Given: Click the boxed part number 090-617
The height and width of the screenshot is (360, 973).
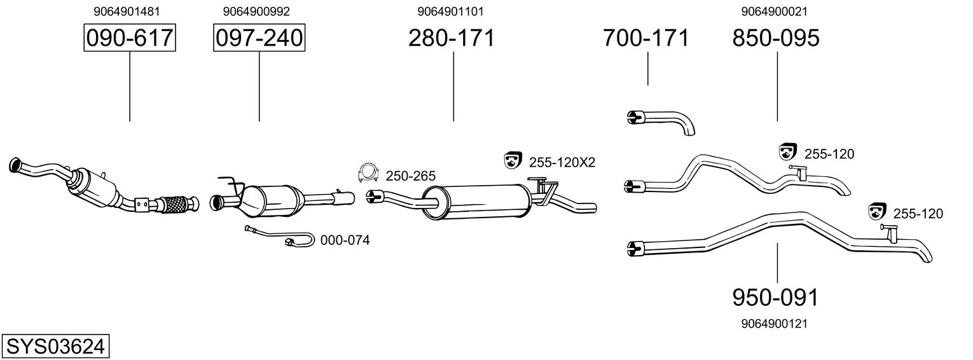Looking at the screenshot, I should pos(130,38).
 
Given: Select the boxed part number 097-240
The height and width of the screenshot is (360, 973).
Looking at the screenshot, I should pos(259,38).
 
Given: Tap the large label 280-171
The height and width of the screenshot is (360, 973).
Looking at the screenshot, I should pos(451,38).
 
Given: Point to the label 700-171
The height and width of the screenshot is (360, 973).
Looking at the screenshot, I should pos(645,38).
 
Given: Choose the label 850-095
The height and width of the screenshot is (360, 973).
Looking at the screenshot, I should pos(776,38).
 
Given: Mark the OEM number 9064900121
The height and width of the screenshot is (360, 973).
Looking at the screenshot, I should pos(775,324).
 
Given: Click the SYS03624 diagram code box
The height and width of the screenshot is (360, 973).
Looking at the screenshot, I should pos(55,347).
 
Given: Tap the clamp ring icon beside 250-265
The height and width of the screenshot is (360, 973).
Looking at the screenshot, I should pos(368,172).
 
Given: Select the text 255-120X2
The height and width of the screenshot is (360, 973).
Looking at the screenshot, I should pos(562,162).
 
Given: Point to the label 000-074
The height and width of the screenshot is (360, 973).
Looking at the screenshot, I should pos(345,240).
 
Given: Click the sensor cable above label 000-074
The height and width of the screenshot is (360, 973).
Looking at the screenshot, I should pos(280,237).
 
